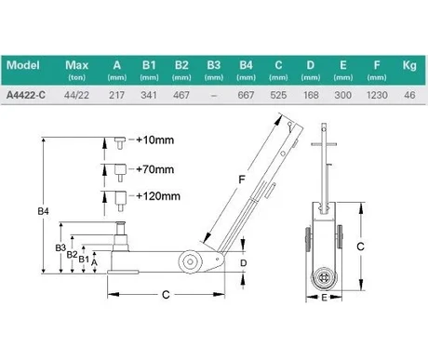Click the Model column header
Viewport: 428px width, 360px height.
click(x=23, y=65)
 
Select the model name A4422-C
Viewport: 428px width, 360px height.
click(x=26, y=95)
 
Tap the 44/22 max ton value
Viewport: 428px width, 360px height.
click(x=76, y=95)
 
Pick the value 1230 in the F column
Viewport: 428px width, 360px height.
click(x=377, y=95)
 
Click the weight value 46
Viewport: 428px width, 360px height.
click(x=409, y=95)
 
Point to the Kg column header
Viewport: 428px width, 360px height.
click(x=409, y=65)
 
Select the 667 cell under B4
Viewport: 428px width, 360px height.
click(x=246, y=95)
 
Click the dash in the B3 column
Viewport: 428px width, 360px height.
click(x=213, y=96)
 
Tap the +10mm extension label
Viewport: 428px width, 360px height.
click(x=154, y=140)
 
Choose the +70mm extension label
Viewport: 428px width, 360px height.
click(x=154, y=169)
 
